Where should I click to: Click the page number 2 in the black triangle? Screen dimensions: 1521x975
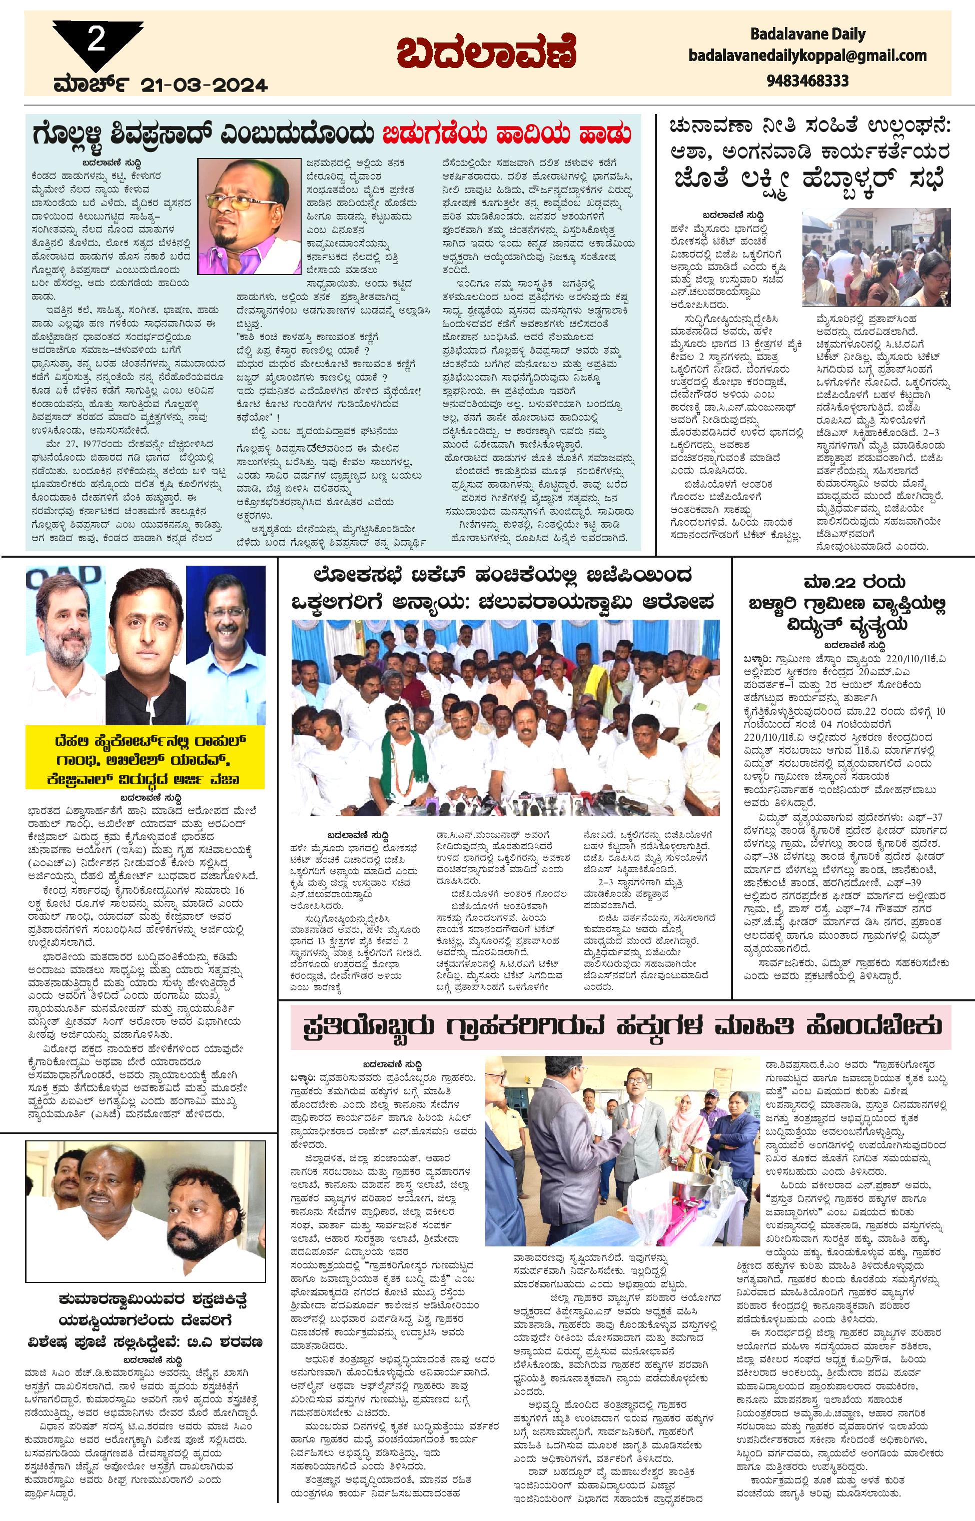click(96, 41)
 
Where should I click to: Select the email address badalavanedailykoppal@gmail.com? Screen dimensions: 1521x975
click(808, 56)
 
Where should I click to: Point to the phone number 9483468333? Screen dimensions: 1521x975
click(807, 81)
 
